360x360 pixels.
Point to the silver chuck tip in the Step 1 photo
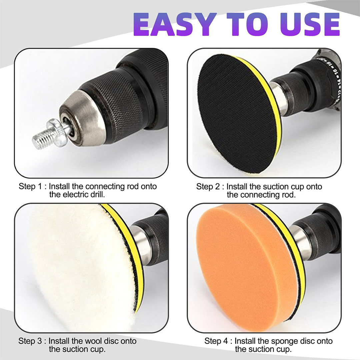pos(83,118)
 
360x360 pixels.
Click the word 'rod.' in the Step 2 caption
pos(288,195)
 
